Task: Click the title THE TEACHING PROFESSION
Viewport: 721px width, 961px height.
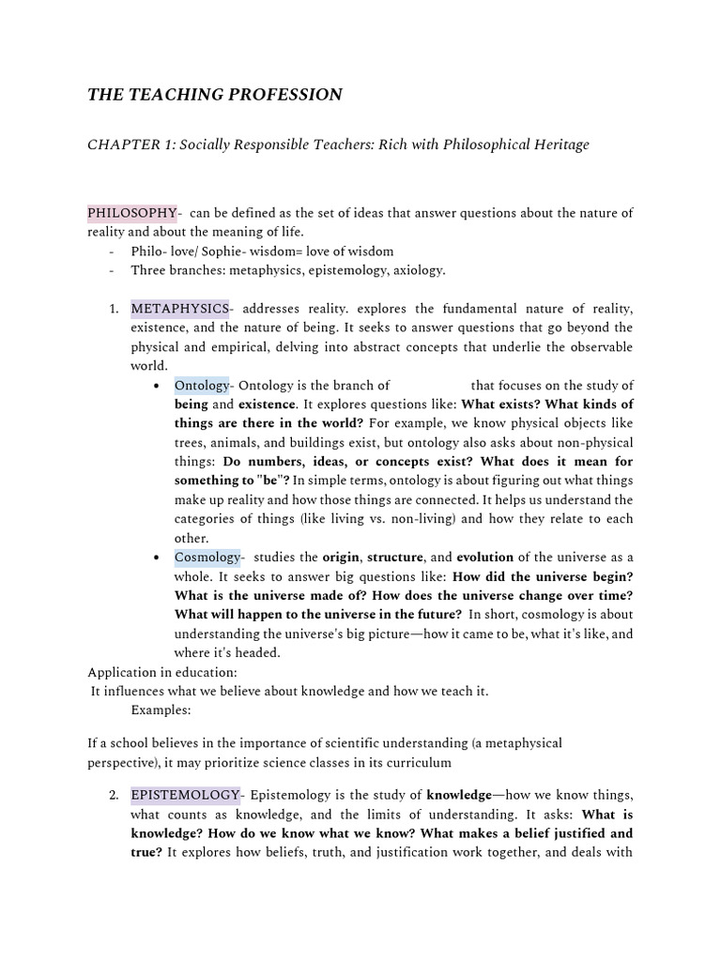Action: (215, 94)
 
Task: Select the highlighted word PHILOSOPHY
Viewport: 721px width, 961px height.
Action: (131, 212)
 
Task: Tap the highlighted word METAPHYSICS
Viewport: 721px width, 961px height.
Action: (179, 308)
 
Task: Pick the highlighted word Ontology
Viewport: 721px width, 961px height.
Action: (201, 385)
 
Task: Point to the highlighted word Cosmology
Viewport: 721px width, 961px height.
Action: (207, 557)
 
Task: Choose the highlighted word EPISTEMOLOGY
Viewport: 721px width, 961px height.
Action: (185, 795)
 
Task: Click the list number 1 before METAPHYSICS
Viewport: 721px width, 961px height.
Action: (113, 308)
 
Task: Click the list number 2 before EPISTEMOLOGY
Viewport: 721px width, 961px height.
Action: (113, 795)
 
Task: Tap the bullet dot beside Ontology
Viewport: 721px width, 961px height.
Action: (155, 386)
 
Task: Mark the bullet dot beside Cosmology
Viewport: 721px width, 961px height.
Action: (155, 557)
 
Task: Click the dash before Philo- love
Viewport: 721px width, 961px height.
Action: (113, 252)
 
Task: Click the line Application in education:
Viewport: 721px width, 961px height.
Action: (162, 672)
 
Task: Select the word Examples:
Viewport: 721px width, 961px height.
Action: (161, 709)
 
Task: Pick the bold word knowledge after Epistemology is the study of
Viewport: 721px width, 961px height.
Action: (459, 795)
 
